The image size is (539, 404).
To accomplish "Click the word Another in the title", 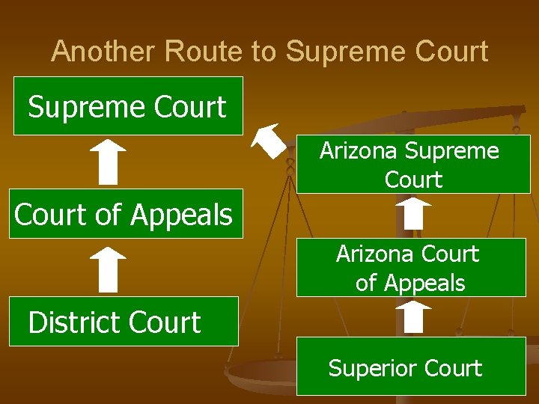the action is (105, 52).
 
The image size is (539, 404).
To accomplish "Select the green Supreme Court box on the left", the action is (128, 106).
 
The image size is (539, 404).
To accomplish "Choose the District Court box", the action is (124, 322).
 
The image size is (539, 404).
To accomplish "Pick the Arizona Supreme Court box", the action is (412, 165).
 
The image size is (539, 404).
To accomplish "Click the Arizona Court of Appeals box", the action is (411, 268).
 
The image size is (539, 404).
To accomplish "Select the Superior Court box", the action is (411, 367).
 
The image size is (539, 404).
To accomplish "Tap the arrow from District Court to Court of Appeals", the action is (109, 270).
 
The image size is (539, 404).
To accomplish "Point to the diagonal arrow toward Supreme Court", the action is (269, 142).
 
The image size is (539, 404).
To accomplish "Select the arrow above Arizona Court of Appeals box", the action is (413, 213).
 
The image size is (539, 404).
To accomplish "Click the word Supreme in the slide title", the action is (332, 52).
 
